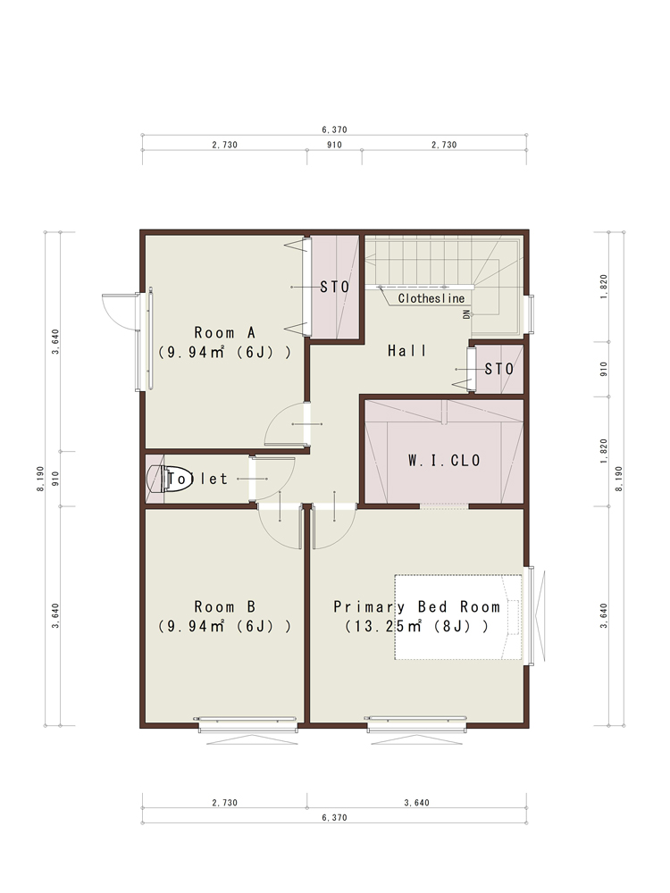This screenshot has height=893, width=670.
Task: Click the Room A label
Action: (224, 332)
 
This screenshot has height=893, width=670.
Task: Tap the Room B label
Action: (224, 607)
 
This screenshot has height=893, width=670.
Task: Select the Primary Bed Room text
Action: (416, 607)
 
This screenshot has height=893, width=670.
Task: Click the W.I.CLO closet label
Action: (444, 460)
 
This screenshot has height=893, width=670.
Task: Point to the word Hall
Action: (406, 351)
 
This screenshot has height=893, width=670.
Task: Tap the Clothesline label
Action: (431, 298)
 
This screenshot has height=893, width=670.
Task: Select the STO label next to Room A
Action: (334, 287)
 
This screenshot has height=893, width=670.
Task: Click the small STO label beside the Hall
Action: (499, 370)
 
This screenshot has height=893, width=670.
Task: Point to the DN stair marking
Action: (467, 314)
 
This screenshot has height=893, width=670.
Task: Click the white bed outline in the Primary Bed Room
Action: (458, 617)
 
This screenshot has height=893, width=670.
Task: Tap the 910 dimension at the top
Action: (334, 145)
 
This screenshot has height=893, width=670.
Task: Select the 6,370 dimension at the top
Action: (334, 129)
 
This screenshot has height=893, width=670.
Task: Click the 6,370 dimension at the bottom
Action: (334, 818)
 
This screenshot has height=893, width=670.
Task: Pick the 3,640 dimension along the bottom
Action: (416, 803)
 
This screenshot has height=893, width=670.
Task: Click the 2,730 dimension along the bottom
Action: (224, 803)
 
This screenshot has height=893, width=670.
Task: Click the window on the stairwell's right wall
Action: (531, 313)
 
